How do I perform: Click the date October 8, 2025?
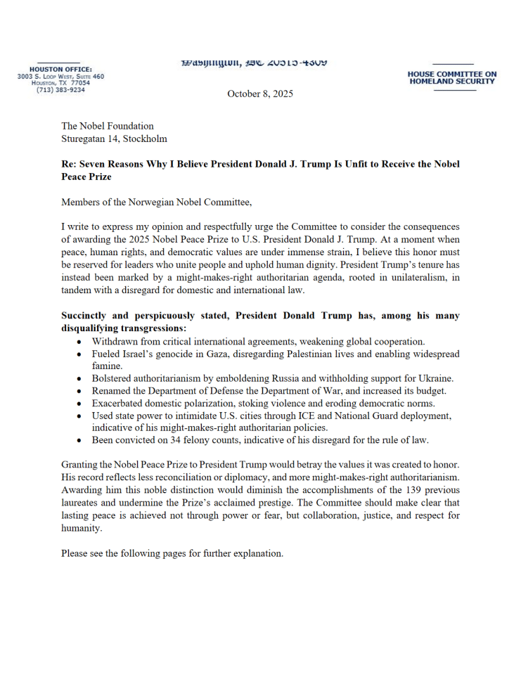tap(260, 94)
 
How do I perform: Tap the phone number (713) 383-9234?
tap(60, 90)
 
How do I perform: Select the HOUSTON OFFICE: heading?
tap(60, 69)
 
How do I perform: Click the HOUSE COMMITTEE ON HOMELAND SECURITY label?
tap(452, 77)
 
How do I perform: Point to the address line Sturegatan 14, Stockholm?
tap(114, 139)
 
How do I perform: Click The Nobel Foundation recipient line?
tap(108, 126)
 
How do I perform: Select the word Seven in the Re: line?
tap(94, 164)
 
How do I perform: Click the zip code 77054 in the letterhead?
tap(79, 83)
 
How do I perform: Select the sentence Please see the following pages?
tap(172, 553)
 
